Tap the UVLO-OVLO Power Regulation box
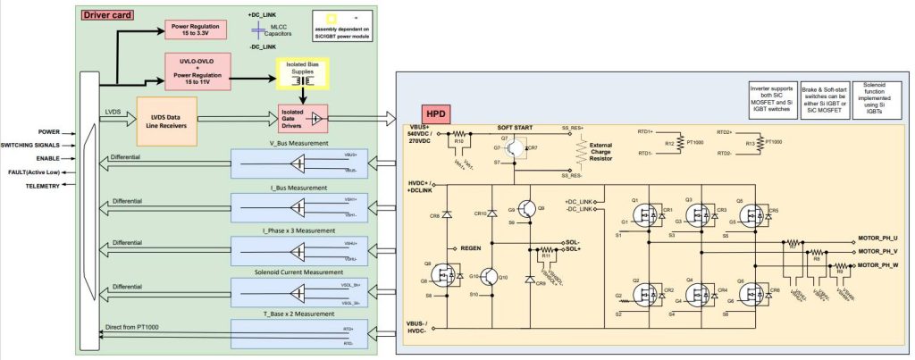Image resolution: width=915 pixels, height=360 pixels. pyautogui.click(x=197, y=69)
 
